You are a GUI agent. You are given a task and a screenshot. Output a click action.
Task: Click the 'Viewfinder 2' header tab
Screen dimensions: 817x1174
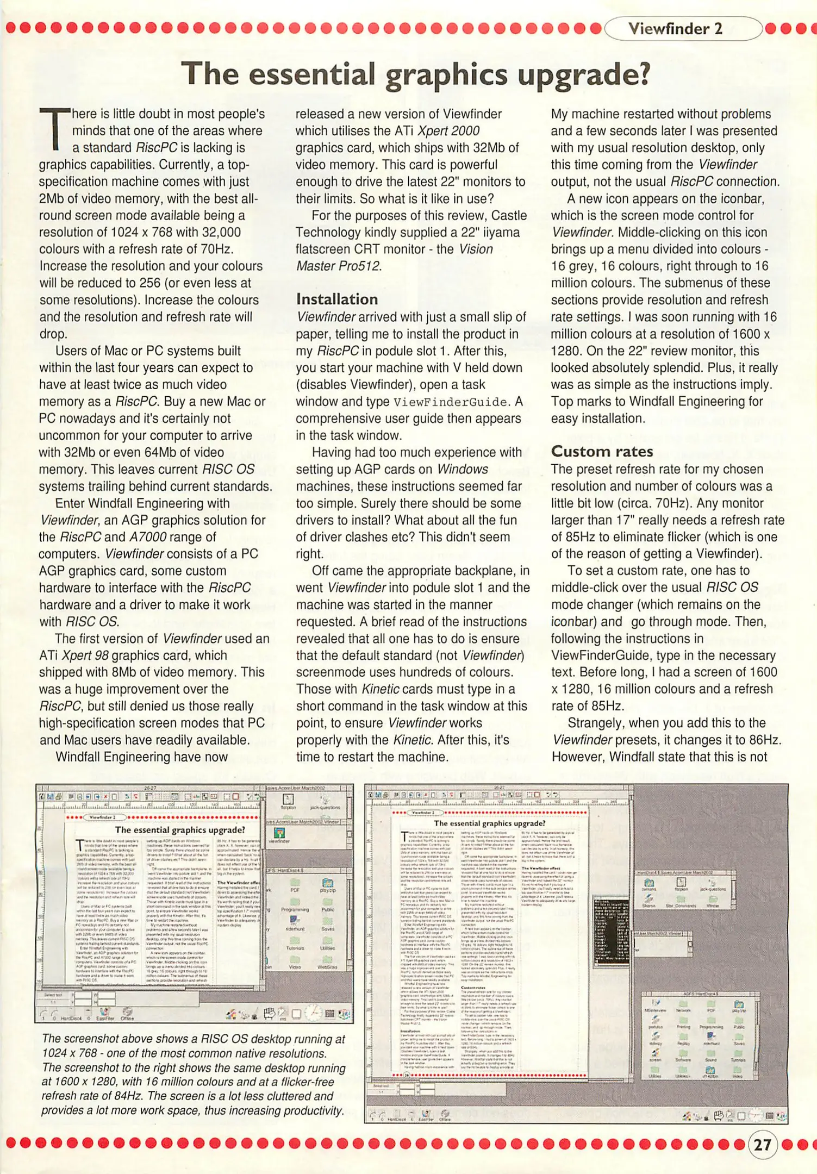point(675,29)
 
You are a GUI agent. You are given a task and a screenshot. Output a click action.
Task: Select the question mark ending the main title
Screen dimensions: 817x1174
point(643,74)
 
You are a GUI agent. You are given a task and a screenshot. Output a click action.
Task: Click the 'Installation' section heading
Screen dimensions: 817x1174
point(336,299)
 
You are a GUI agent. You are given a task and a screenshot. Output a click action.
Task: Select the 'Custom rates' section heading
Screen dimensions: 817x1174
point(602,451)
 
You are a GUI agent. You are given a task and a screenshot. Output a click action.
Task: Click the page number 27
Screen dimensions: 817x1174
point(763,1145)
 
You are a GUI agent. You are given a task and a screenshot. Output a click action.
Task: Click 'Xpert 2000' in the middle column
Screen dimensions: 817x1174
point(448,131)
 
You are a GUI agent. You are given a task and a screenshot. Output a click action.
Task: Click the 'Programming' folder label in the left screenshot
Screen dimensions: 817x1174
point(295,909)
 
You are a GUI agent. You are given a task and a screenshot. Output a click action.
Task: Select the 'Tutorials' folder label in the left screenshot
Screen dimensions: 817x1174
point(295,947)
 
